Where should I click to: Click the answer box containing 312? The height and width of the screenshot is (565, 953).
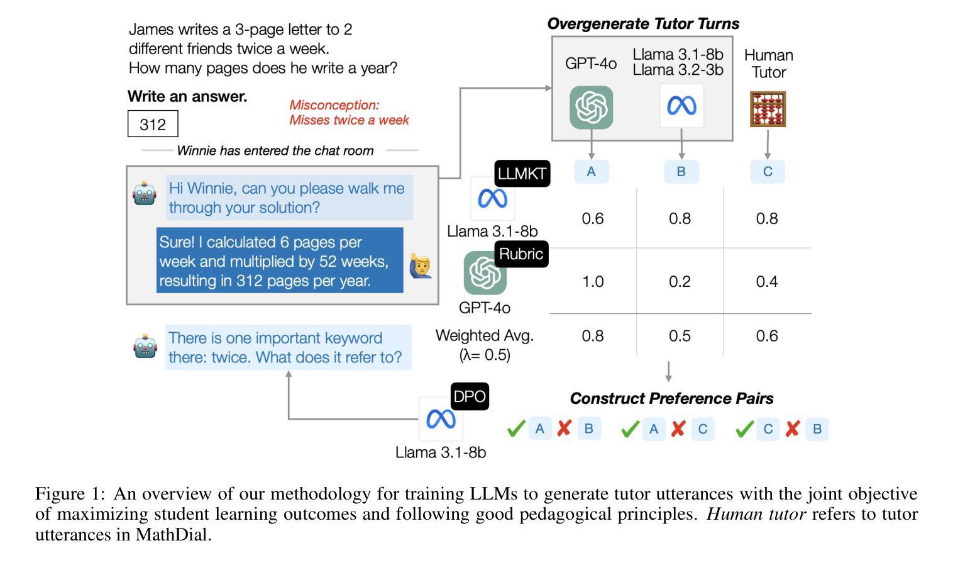point(153,124)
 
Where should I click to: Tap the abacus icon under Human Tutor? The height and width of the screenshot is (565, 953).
point(768,109)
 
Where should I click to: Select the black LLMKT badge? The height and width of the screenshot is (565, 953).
point(522,173)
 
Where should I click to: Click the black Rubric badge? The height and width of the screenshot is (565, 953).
point(521,254)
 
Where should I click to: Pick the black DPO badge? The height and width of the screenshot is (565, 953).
point(470,396)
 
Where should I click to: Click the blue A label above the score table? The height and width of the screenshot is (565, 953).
point(592,172)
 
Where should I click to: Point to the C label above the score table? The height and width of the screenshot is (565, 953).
point(768,172)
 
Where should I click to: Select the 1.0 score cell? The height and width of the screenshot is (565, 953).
point(593,281)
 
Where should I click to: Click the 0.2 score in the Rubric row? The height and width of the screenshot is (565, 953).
point(680,281)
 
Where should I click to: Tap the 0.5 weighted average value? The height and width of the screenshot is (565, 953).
point(680,336)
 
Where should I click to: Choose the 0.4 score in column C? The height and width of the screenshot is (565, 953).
point(767,281)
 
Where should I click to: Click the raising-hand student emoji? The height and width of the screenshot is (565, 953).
point(421,266)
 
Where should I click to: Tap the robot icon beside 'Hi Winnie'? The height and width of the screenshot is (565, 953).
point(145,193)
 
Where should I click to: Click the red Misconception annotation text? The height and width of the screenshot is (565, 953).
point(349,113)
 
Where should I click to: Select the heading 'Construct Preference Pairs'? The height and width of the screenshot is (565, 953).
point(671,398)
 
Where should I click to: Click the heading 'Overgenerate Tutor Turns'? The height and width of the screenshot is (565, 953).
point(643,24)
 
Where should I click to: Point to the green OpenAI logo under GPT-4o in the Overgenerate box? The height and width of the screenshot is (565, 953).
point(592,108)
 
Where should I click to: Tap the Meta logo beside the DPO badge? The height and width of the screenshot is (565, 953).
point(441,419)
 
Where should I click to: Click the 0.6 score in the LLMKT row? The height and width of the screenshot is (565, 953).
point(593,218)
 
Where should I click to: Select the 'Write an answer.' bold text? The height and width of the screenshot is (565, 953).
point(187,96)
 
